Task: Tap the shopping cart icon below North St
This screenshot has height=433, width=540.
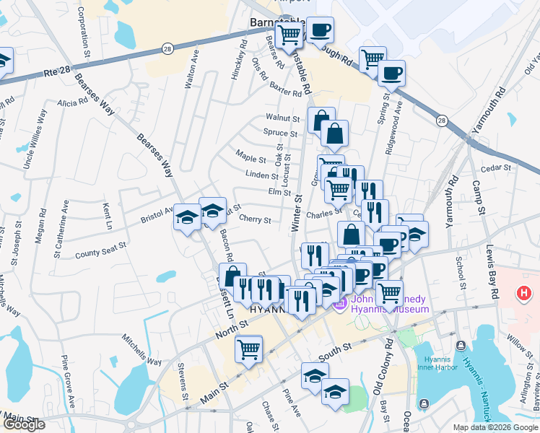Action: click(248, 349)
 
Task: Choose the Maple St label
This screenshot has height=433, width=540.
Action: click(252, 155)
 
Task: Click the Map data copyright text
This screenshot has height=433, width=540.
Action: click(495, 427)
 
